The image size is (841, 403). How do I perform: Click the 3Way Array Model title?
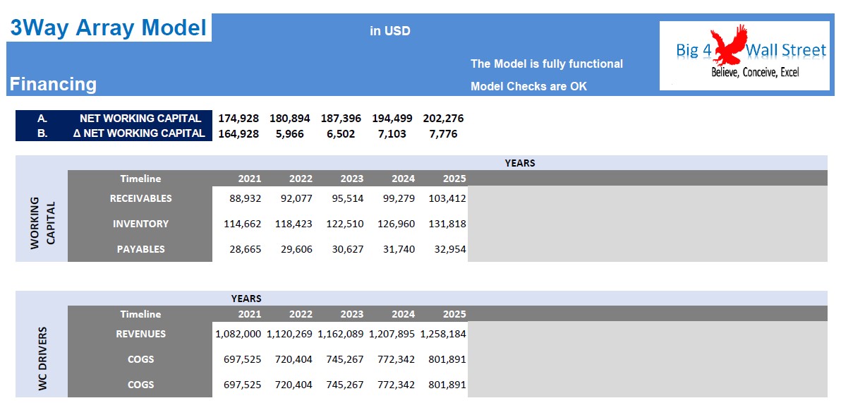point(109,28)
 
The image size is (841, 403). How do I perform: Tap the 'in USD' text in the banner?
point(390,31)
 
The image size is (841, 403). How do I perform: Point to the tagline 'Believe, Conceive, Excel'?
point(755,73)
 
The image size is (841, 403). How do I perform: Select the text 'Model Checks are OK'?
point(529,86)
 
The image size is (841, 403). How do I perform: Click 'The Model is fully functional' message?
point(547,64)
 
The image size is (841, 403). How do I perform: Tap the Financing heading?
point(53,84)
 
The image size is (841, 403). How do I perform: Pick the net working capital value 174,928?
point(238,119)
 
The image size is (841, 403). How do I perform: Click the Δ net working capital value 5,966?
point(290,134)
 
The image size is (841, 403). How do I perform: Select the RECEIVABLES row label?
point(140,198)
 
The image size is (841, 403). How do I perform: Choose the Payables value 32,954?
point(447,249)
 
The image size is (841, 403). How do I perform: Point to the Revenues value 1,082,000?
point(238,334)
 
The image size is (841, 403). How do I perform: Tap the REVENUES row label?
point(140,334)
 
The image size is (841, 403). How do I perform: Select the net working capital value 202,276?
point(443,119)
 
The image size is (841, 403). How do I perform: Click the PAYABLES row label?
point(140,249)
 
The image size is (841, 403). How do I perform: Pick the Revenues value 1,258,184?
point(443,334)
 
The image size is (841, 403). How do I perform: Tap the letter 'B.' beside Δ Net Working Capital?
point(42,134)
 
